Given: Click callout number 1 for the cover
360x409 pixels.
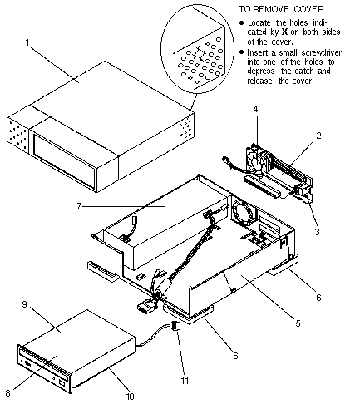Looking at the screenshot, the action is [27, 42].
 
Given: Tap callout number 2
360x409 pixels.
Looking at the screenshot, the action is [318, 136].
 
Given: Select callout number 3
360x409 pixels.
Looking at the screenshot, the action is [318, 231].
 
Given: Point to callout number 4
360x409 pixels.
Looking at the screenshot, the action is [255, 109].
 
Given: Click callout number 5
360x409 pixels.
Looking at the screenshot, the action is [298, 323].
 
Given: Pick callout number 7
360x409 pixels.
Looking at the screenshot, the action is [79, 206].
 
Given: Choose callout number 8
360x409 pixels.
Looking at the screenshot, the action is [7, 393].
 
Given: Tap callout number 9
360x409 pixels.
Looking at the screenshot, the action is [24, 304].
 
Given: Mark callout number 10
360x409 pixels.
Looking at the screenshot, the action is [130, 397].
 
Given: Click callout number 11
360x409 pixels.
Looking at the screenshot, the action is [185, 381].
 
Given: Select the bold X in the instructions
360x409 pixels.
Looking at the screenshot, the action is [284, 32].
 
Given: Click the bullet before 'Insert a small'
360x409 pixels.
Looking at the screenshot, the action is [242, 52].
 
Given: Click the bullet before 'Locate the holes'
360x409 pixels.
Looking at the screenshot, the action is [242, 22].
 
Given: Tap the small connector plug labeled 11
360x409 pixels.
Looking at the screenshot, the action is [176, 325].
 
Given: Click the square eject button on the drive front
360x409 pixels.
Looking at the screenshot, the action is [62, 384].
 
